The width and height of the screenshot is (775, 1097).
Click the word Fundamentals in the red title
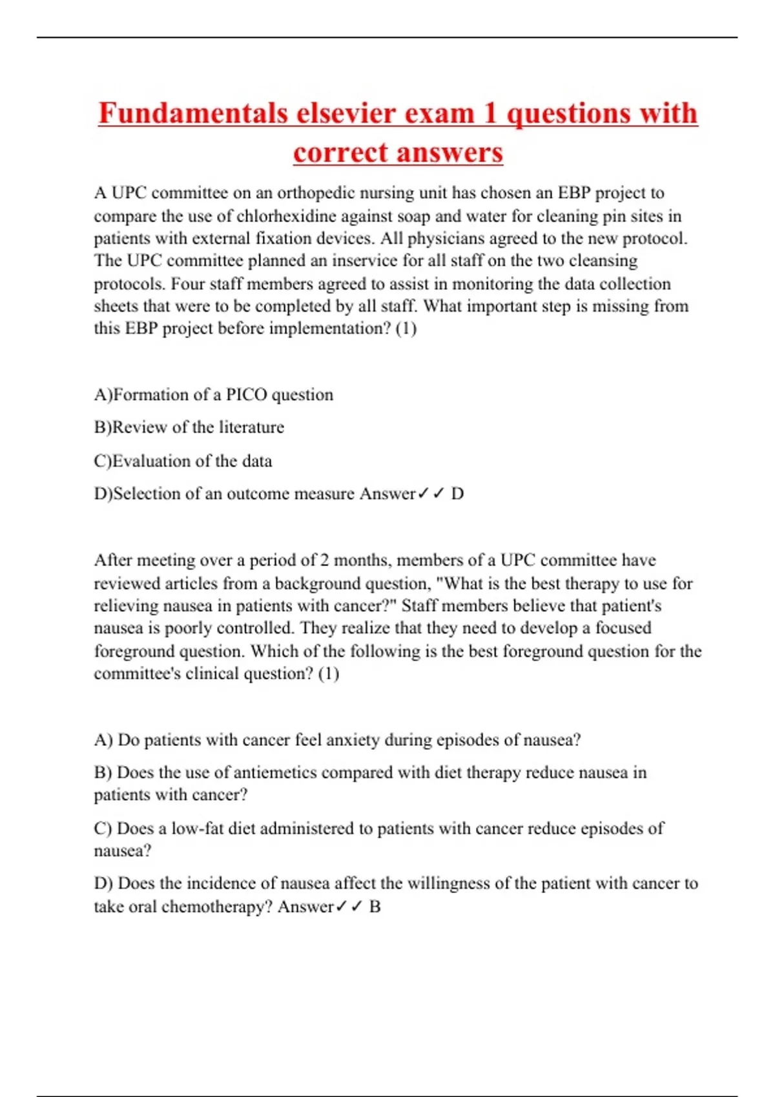tap(193, 114)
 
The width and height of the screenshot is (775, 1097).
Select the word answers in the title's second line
tap(450, 153)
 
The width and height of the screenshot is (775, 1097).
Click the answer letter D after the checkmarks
tap(457, 494)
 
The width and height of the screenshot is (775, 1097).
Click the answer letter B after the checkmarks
tap(375, 907)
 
